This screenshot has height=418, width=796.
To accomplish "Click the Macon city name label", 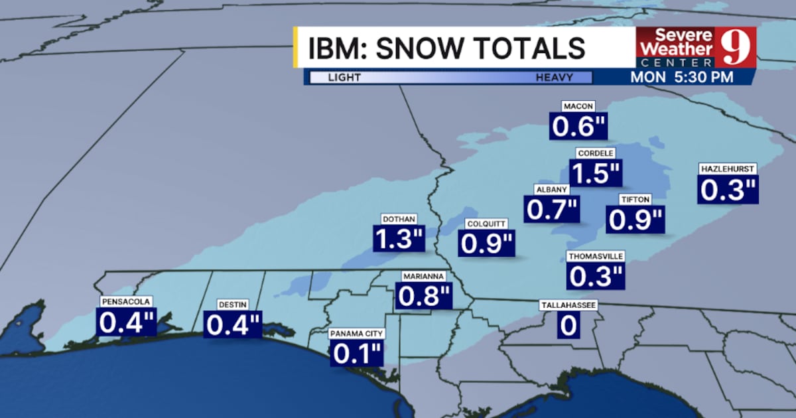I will point(578,106).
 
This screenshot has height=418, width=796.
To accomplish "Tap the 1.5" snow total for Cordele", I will point(596,173).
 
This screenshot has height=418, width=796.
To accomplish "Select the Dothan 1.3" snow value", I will point(399,239).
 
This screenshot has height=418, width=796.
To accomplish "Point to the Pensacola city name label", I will point(127,301).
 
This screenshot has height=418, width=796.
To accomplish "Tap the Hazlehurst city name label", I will point(728,169).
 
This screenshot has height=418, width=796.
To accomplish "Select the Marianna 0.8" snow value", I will point(425,296).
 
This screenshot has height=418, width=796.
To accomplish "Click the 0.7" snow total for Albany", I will point(552,209).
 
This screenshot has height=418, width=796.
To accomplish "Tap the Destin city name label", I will point(233,305).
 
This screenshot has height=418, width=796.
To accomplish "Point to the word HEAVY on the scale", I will point(554,78).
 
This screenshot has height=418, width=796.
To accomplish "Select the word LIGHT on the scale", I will point(344,78).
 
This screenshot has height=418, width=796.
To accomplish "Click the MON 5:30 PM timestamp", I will point(681,76).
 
